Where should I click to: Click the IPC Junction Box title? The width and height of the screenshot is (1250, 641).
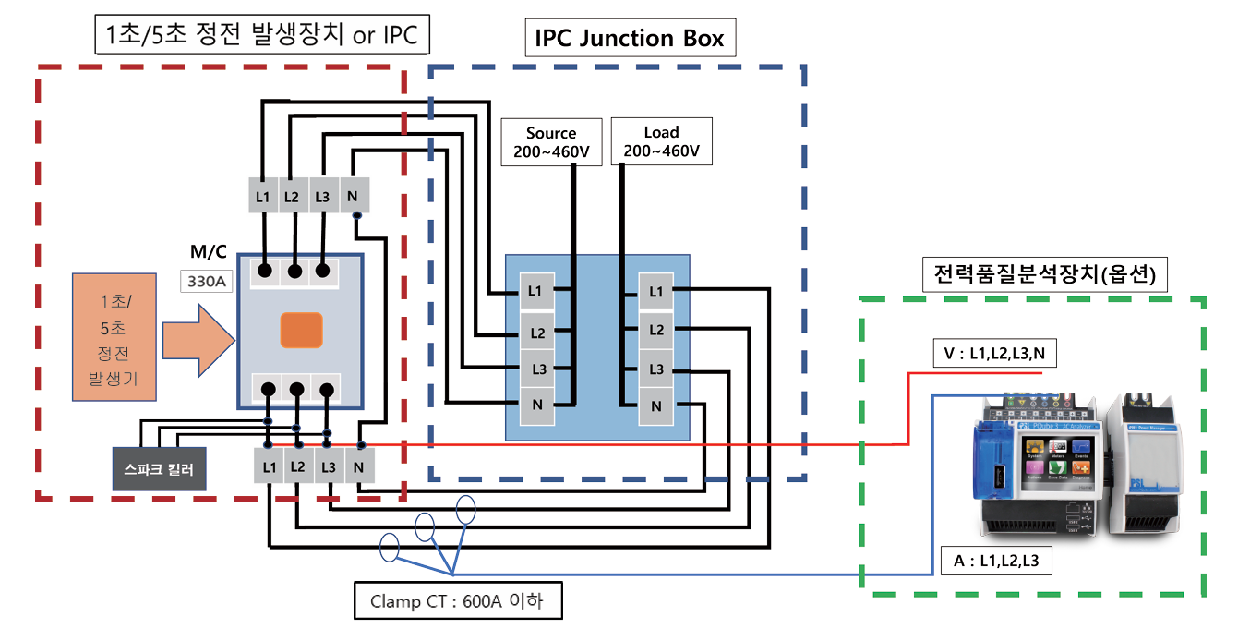pyautogui.click(x=629, y=39)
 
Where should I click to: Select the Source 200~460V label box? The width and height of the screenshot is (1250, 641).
pyautogui.click(x=551, y=141)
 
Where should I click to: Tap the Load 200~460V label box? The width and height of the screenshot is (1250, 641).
pyautogui.click(x=661, y=141)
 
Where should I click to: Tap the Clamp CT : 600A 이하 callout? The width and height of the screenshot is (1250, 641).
pyautogui.click(x=457, y=602)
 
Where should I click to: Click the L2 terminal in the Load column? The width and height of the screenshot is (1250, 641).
pyautogui.click(x=655, y=331)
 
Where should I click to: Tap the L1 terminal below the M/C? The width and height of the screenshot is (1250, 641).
pyautogui.click(x=269, y=466)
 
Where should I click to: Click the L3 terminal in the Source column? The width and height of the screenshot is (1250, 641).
pyautogui.click(x=536, y=369)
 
